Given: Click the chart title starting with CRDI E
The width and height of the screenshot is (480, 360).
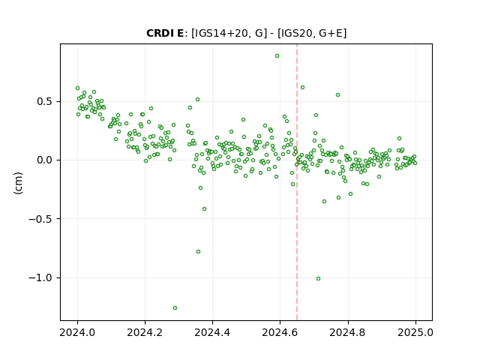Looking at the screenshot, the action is [247, 33].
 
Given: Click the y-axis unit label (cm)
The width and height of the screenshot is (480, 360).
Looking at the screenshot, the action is [18, 183].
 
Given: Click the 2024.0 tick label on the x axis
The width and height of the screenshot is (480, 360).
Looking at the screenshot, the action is [77, 332].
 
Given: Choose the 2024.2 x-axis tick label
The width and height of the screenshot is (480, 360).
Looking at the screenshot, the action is [145, 332].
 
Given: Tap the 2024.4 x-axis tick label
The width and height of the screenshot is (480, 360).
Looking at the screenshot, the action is [212, 332].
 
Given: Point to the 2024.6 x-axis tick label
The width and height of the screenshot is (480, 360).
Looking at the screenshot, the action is [280, 332].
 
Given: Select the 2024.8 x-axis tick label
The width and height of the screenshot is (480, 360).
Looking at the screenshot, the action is [348, 332].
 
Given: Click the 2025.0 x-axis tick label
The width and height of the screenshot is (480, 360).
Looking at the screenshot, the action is [415, 332].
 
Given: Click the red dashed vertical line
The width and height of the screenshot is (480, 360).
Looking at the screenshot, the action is [297, 182].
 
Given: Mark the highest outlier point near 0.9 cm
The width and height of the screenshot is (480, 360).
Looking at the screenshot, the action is [277, 56].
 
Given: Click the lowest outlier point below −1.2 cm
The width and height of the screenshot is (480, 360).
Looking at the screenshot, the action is [175, 308].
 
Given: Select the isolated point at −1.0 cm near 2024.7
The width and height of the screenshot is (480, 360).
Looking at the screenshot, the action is [318, 278].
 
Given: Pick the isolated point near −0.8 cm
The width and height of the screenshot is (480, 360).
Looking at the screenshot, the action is [198, 252].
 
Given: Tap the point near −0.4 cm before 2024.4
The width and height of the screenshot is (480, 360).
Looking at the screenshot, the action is [204, 209].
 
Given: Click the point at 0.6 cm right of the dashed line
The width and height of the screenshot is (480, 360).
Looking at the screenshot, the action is [302, 88].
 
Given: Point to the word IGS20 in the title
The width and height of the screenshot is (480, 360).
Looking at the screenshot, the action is [294, 33].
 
